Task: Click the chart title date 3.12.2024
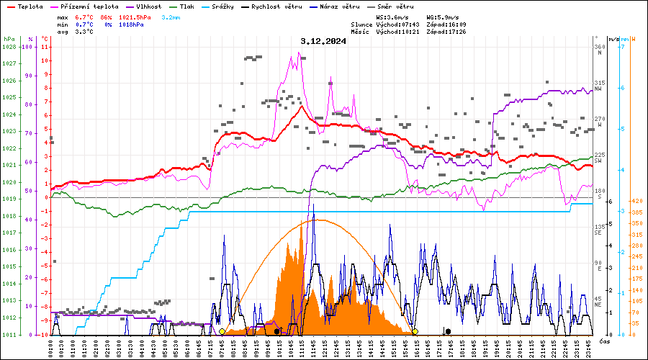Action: point(323,41)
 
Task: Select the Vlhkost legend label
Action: point(150,6)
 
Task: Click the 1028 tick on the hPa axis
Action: point(9,47)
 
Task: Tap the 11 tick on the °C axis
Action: point(46,47)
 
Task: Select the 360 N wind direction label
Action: point(599,50)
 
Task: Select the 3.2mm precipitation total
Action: point(171,17)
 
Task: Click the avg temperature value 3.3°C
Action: point(84,32)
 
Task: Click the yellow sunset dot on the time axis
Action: point(415,331)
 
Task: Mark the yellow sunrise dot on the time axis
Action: point(222,331)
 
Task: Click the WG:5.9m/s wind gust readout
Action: point(443,17)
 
